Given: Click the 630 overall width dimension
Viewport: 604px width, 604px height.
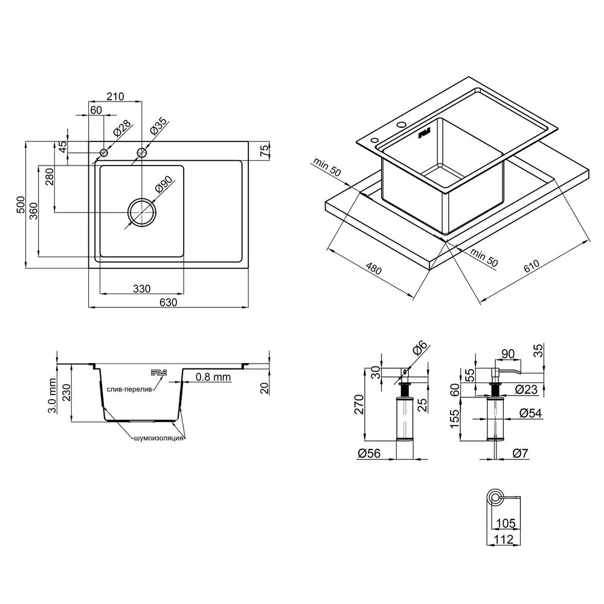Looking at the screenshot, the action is click(x=169, y=303).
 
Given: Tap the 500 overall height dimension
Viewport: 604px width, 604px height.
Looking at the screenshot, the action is click(x=21, y=205).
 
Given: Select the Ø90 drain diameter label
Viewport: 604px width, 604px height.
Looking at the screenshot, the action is click(x=164, y=184).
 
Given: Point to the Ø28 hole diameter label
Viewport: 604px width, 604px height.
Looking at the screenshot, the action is click(x=123, y=128).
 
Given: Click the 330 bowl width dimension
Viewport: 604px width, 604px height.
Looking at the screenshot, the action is click(x=142, y=289).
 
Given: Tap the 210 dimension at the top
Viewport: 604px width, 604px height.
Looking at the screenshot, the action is click(x=115, y=96).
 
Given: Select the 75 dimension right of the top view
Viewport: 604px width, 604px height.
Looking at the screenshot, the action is click(x=265, y=150).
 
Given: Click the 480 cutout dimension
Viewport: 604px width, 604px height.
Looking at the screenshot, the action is click(x=373, y=268).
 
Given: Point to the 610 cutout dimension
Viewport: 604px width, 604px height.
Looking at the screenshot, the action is click(x=532, y=266).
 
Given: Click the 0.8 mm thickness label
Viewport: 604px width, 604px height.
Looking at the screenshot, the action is click(x=213, y=377).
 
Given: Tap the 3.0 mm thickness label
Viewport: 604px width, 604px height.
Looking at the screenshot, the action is click(x=52, y=396).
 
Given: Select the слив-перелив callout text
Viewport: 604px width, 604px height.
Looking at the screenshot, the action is click(x=129, y=390).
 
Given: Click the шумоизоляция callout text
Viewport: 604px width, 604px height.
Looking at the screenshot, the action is click(x=159, y=439).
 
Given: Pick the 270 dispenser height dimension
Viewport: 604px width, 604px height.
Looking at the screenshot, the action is click(x=359, y=404).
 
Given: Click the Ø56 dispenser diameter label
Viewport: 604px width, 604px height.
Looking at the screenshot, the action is click(x=369, y=454).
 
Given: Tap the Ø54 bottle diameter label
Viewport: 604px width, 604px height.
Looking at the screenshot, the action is click(x=530, y=413).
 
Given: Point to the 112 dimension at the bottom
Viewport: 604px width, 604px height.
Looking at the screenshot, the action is click(x=504, y=539).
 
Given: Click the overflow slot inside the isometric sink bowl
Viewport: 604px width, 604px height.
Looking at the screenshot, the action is click(x=424, y=133).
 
